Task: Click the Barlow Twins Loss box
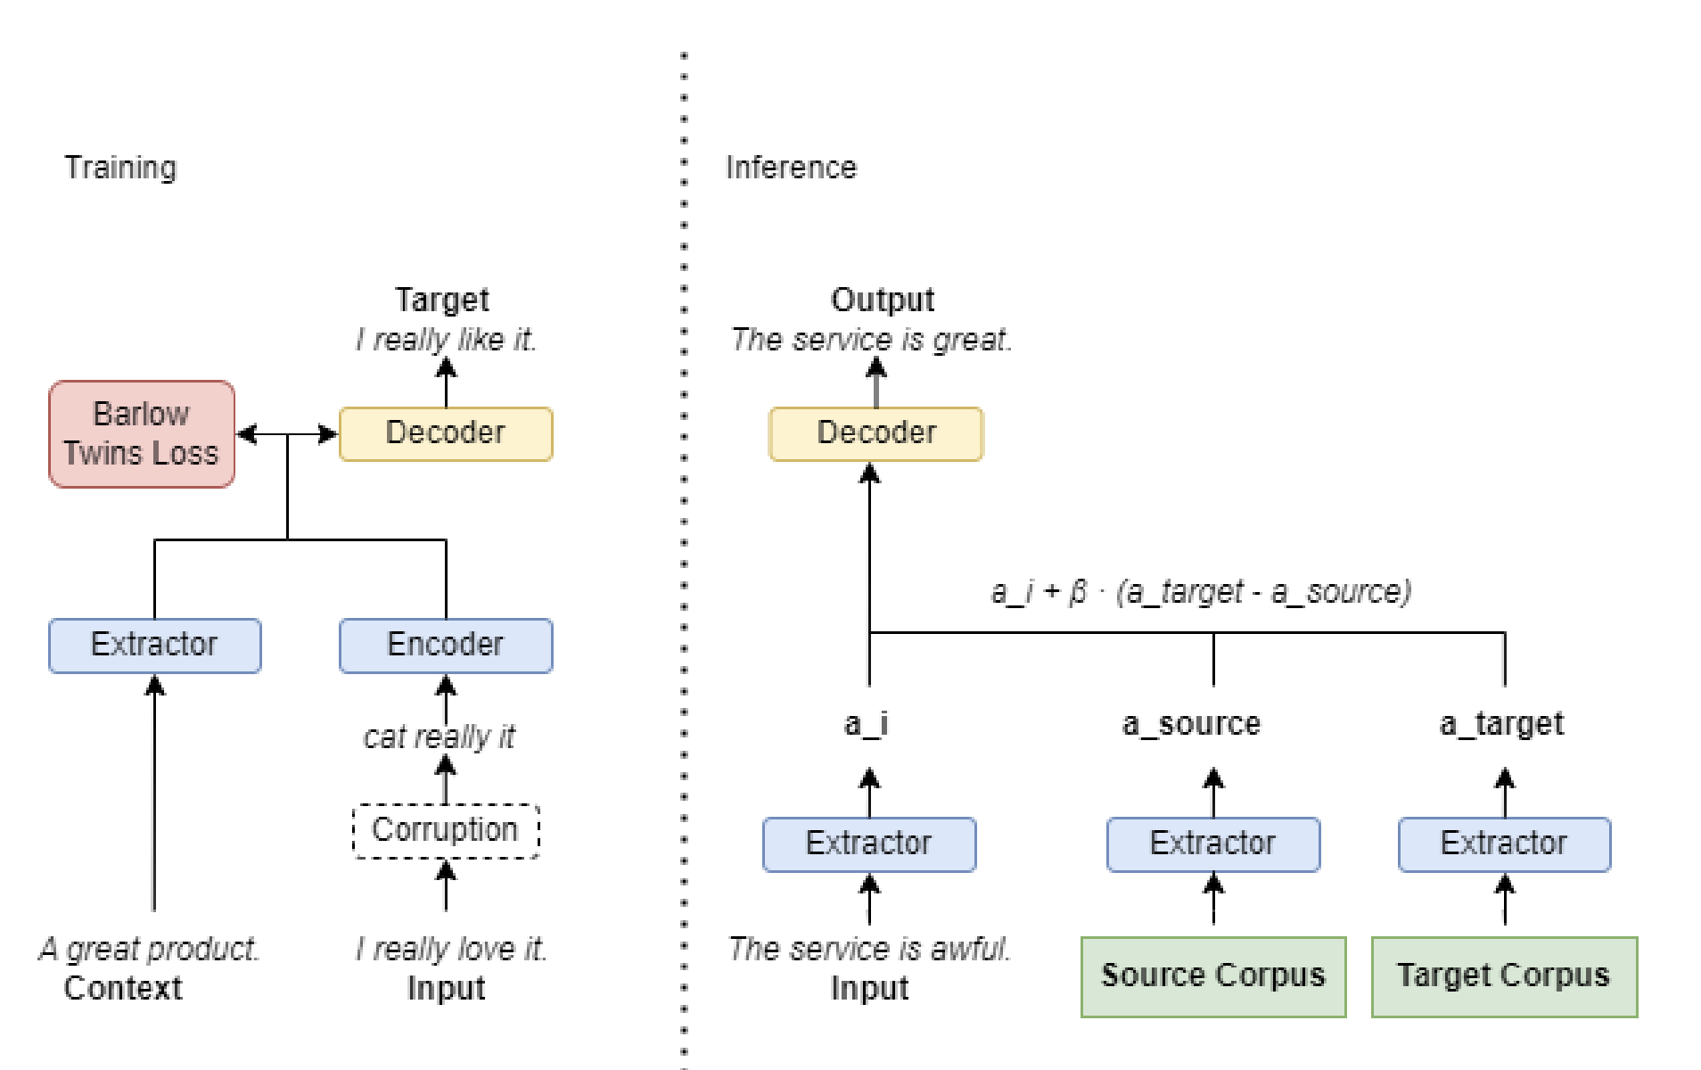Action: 142,434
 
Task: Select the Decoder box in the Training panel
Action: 446,433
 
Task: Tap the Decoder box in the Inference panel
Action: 875,433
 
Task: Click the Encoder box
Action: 446,645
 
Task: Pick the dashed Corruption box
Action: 446,830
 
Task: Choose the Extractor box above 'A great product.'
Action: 154,645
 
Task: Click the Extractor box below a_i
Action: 869,844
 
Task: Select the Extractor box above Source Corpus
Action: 1212,844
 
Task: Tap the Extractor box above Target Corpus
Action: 1504,844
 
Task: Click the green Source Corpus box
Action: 1212,975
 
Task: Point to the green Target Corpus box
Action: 1504,975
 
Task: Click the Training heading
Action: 120,168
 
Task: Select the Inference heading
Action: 791,168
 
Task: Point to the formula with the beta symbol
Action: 1201,592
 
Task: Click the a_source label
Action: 1191,723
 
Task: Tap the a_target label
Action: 1501,723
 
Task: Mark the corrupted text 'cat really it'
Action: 440,737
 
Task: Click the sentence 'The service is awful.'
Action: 869,949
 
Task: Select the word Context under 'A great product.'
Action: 123,988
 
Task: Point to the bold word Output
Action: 883,300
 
